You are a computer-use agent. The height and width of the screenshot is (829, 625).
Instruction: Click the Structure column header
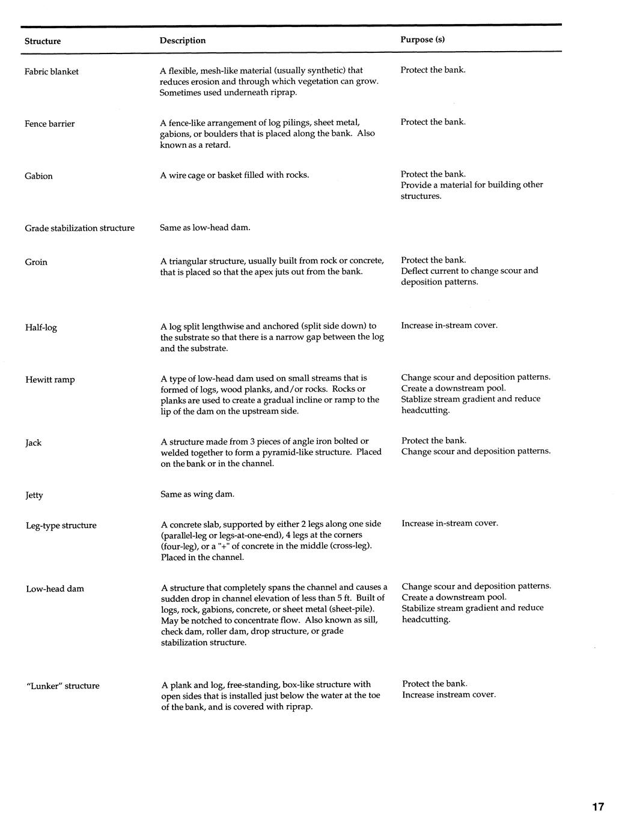pyautogui.click(x=43, y=41)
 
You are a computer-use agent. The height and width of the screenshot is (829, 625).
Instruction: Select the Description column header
pyautogui.click(x=183, y=41)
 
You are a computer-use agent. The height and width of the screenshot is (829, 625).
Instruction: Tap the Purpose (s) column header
pyautogui.click(x=422, y=40)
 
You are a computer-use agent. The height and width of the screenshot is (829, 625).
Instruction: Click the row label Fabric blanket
pyautogui.click(x=52, y=71)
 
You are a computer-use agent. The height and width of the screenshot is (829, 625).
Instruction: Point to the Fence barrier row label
pyautogui.click(x=50, y=124)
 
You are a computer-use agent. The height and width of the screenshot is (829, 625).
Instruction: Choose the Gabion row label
pyautogui.click(x=38, y=176)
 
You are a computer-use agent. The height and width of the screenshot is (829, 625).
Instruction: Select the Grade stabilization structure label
pyautogui.click(x=80, y=228)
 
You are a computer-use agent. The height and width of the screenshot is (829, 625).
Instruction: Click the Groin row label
pyautogui.click(x=36, y=262)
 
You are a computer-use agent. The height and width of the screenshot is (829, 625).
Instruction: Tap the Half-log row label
pyautogui.click(x=41, y=327)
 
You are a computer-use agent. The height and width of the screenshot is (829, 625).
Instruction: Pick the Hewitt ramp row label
pyautogui.click(x=50, y=380)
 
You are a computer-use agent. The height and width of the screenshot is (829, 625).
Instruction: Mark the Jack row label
pyautogui.click(x=34, y=443)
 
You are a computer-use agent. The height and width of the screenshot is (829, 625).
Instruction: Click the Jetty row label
pyautogui.click(x=34, y=495)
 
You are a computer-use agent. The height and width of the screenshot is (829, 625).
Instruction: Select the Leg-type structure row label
pyautogui.click(x=61, y=526)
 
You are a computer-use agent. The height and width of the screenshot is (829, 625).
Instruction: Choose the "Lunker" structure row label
pyautogui.click(x=63, y=686)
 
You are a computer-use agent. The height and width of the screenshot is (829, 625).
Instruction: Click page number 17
pyautogui.click(x=597, y=807)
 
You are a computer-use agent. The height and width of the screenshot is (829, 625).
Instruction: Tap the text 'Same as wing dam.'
pyautogui.click(x=198, y=494)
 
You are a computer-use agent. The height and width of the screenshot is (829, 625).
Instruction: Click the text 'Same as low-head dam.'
pyautogui.click(x=205, y=228)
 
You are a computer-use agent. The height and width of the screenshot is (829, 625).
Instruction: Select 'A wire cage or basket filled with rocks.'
pyautogui.click(x=235, y=175)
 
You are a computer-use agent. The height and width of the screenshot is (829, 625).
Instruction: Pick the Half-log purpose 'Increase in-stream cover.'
pyautogui.click(x=450, y=326)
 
